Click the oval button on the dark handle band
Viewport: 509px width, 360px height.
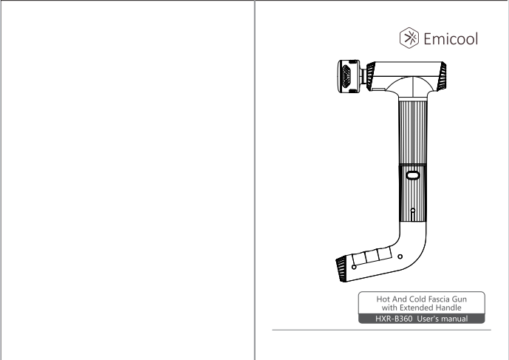(413, 176)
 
